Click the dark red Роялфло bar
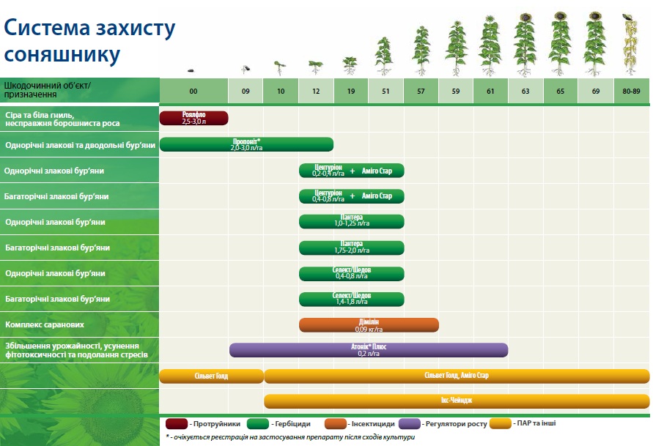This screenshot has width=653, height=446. pos(193,118)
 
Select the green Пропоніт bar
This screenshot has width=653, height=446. pos(246,144)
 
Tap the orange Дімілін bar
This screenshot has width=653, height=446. pos(369,325)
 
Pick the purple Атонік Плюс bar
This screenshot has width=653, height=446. pos(369,350)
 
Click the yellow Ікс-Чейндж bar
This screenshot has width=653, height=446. pos(457,401)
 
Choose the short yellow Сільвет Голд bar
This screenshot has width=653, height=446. pos(212,376)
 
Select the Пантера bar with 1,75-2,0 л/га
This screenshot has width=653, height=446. pos(352,248)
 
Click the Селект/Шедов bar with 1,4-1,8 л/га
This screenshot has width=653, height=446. pos(352,299)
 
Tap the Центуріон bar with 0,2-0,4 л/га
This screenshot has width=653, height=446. pos(352,171)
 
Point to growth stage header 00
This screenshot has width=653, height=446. pos(193,91)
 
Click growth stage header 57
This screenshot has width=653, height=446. pos(421,91)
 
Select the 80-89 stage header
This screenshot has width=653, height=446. pos(631,91)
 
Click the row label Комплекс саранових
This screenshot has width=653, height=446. pos(45,324)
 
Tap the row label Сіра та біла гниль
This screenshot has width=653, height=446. pos(40,115)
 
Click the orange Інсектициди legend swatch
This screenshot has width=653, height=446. pos(335,424)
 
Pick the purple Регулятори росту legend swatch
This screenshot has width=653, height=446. pos(410,424)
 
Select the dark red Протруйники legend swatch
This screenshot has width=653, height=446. pos(177,424)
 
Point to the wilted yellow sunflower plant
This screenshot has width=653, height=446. pos(630,45)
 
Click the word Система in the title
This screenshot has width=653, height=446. pos(47,27)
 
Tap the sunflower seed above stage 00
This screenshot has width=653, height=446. pos(191,70)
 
